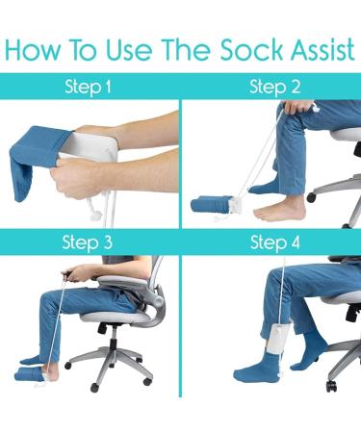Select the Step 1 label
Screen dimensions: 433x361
pos(89,88)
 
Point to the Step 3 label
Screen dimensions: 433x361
pos(89,242)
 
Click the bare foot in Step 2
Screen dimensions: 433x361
pos(279,210)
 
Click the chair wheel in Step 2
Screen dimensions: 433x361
pos(313,197)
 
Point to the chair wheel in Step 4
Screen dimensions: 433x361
pos(331,384)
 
